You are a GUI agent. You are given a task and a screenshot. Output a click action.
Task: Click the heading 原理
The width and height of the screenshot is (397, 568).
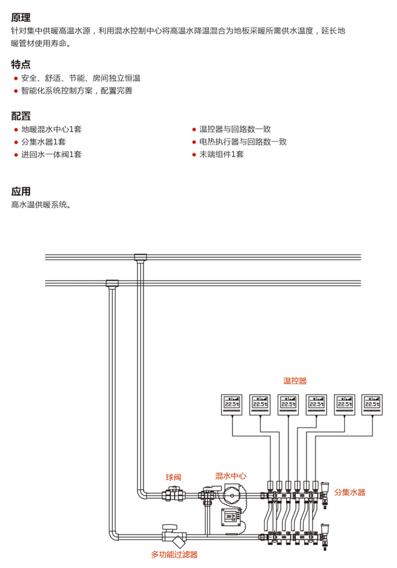click(x=21, y=18)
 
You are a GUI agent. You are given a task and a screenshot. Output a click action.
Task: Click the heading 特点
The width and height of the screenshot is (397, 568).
click(x=21, y=65)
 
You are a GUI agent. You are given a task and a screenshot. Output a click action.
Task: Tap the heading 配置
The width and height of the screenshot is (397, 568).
click(x=21, y=116)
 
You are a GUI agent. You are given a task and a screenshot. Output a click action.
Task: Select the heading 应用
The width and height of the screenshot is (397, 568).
click(x=21, y=192)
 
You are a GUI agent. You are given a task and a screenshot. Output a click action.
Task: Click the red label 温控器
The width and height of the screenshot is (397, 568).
click(x=295, y=381)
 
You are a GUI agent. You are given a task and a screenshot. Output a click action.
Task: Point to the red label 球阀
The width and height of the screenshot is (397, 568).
click(x=174, y=478)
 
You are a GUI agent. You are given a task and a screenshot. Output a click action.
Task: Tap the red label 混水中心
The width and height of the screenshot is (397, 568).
click(x=230, y=476)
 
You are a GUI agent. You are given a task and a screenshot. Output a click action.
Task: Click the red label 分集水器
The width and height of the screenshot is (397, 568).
click(x=350, y=492)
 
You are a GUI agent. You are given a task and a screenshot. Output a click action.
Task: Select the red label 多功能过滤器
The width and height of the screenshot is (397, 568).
click(x=174, y=554)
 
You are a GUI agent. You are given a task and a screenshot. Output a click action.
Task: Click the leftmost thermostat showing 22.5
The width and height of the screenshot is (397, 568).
click(x=231, y=404)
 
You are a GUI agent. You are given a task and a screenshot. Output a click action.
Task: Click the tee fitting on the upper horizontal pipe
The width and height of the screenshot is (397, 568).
click(x=140, y=257)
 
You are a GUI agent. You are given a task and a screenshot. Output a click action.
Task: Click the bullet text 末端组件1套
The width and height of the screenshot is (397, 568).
click(x=221, y=154)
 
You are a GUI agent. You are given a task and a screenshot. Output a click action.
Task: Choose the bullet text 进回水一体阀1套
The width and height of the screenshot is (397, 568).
click(x=51, y=154)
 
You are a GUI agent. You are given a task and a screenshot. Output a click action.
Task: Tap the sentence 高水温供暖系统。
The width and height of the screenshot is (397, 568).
click(x=41, y=205)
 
